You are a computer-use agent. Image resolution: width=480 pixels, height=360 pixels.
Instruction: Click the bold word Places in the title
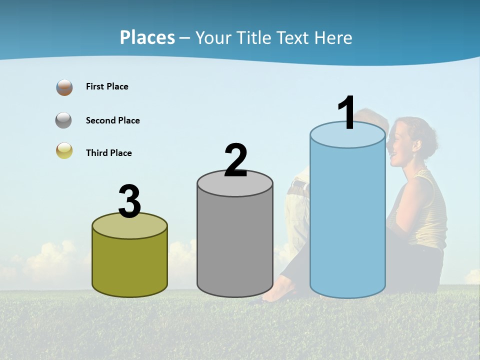(147, 37)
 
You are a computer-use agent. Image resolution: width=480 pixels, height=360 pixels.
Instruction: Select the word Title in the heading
(254, 37)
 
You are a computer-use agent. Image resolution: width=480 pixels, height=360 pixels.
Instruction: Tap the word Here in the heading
(334, 37)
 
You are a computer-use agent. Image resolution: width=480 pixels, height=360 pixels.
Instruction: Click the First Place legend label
(107, 86)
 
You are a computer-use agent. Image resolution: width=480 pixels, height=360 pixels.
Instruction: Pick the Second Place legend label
(112, 120)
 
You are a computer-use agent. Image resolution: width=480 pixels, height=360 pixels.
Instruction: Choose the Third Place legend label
(108, 153)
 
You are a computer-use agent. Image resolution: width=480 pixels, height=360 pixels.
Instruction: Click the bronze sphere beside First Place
(64, 87)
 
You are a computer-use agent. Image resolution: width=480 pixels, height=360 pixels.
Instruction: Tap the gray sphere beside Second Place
(64, 120)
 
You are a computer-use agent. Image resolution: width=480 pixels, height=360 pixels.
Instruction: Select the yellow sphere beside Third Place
(64, 150)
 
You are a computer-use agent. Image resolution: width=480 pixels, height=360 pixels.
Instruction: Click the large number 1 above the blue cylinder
(346, 113)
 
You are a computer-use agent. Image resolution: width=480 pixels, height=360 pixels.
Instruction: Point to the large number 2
(235, 160)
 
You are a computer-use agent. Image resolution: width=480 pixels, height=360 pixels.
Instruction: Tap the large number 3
(129, 201)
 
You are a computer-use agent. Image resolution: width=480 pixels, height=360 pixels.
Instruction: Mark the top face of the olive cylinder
(129, 227)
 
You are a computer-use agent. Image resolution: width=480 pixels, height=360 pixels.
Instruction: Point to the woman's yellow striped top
(430, 210)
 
